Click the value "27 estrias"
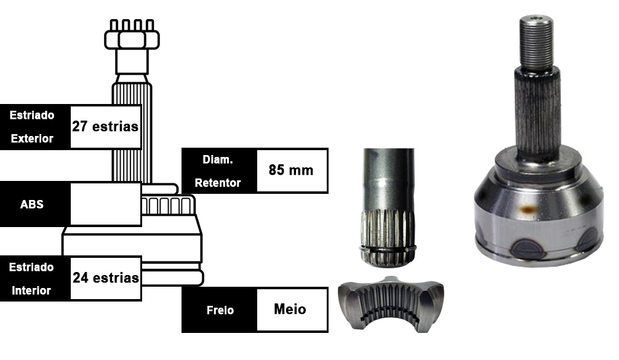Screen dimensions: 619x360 tap(105, 126)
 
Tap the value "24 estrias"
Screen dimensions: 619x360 tap(105, 278)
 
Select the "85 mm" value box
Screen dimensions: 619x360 tap(292, 170)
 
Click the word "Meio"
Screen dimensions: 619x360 tap(290, 309)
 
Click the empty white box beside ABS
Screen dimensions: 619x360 tap(105, 204)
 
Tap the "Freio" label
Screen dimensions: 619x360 tap(220, 310)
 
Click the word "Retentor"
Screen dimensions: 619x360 tap(218, 183)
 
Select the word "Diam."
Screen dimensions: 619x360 tap(218, 159)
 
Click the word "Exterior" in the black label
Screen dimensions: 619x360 tap(32, 138)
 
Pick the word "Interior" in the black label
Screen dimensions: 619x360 tap(31, 290)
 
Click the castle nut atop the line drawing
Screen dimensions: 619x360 tap(132, 34)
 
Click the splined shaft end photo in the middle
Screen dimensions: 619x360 tap(388, 207)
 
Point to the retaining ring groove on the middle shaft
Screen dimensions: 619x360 tap(388, 249)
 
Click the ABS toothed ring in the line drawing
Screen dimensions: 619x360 tap(168, 205)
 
